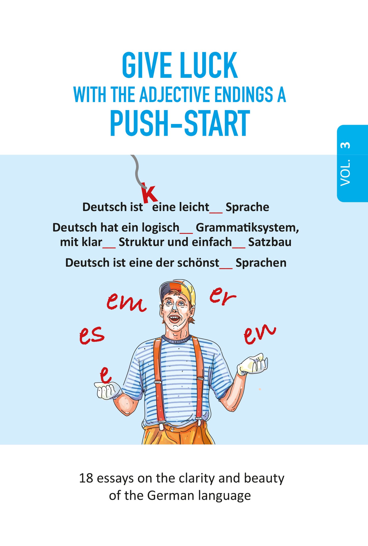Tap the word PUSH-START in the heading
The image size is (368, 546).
pos(180,124)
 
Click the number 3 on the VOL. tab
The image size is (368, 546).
pos(345,145)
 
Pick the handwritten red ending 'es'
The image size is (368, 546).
pos(91,335)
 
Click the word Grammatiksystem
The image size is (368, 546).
pos(247,227)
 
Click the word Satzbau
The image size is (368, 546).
pos(270,242)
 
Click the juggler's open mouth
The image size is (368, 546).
pos(174,318)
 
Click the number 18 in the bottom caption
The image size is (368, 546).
pos(86,478)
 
